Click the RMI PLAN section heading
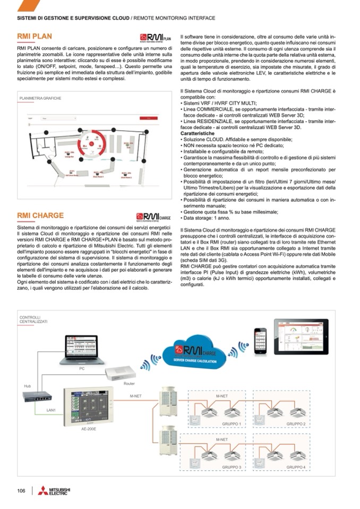[35, 37]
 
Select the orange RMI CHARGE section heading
[40, 215]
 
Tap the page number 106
[21, 491]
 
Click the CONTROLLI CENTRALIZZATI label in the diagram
[33, 320]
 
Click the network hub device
[37, 395]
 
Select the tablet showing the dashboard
[301, 335]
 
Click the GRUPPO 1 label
[232, 424]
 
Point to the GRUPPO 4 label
[296, 467]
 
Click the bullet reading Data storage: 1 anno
[207, 218]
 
